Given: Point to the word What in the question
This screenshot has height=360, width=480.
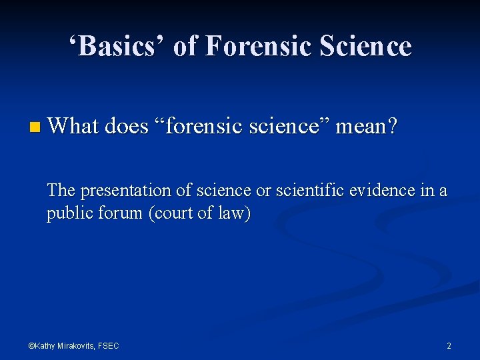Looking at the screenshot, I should (x=73, y=125).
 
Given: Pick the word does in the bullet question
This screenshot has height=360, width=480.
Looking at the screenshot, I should (x=127, y=125).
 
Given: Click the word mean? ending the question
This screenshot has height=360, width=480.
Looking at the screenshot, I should (x=367, y=125).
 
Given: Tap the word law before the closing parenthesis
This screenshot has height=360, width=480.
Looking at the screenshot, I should (x=233, y=214).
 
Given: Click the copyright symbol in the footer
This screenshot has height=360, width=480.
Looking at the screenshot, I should (x=31, y=345).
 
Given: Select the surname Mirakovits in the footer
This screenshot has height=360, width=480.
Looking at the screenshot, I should (x=75, y=345).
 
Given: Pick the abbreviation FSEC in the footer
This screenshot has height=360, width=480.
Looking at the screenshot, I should (x=109, y=345).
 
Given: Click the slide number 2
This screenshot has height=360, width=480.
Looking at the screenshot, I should (x=449, y=345).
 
